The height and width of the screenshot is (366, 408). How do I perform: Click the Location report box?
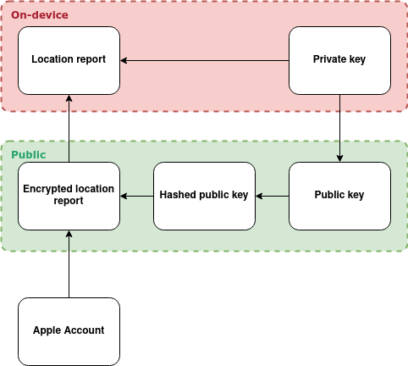[69, 60]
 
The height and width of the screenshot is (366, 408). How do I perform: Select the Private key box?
[339, 60]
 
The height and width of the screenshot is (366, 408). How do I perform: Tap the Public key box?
[339, 196]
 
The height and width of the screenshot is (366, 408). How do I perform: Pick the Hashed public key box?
[204, 196]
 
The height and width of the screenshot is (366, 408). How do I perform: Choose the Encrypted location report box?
[69, 196]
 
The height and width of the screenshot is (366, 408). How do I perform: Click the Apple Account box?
[69, 331]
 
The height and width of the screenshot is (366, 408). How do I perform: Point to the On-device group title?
[40, 15]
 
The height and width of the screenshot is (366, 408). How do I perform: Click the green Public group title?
[29, 155]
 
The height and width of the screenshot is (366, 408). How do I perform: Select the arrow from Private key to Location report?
[205, 60]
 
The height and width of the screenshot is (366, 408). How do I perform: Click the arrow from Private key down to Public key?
[339, 128]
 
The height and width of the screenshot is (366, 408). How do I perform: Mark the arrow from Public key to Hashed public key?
[273, 196]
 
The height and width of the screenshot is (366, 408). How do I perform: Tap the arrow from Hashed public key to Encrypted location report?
[137, 196]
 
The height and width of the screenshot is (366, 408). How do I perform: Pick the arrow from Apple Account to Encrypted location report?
[69, 264]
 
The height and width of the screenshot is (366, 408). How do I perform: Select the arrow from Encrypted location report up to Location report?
[69, 129]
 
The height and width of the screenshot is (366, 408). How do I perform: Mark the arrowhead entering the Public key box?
[339, 158]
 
